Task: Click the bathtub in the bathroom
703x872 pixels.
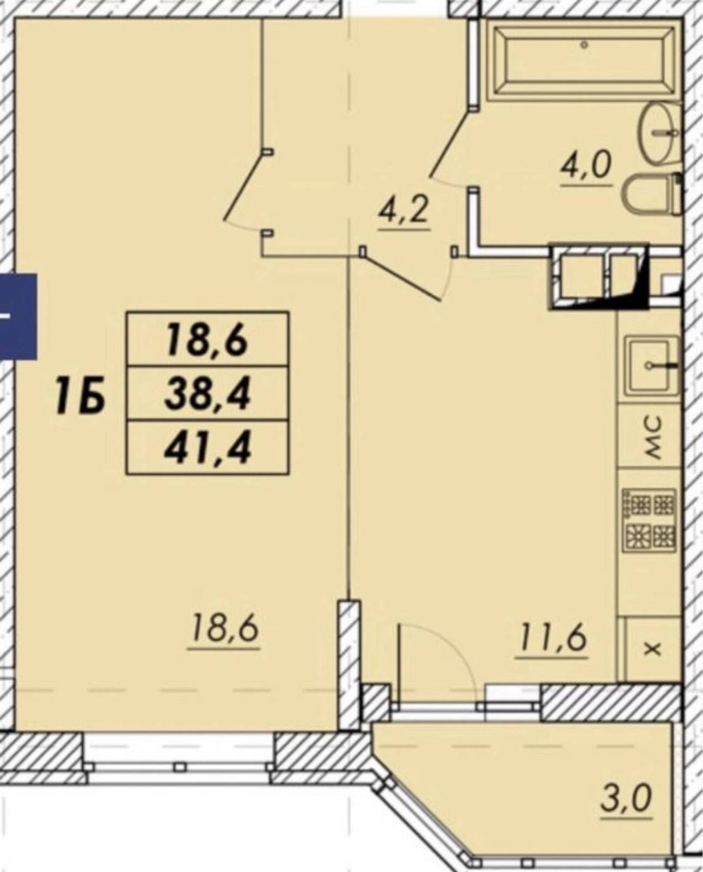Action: [584, 62]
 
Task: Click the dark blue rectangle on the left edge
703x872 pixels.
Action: [18, 317]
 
